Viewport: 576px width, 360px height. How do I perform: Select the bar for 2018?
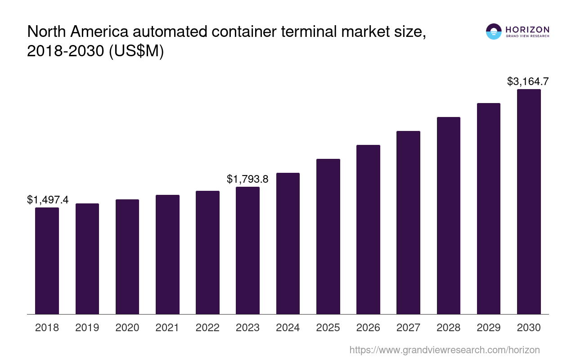pos(47,261)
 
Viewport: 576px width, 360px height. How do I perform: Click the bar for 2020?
pos(127,256)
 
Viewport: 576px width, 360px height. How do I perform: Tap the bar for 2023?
pos(247,250)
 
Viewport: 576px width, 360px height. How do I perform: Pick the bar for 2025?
pos(328,236)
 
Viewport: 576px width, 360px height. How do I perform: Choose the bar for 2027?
pos(408,222)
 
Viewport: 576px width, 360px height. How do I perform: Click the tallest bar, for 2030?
pos(529,202)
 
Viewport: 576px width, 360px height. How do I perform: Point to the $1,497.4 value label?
pos(48,200)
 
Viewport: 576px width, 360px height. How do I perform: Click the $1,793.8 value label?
pos(247,179)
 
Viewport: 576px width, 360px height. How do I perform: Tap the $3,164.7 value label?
pos(527,81)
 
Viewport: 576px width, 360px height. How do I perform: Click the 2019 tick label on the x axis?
pos(87,328)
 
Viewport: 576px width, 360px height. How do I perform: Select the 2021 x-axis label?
pos(167,328)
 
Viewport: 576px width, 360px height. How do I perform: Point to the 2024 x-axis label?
pos(288,328)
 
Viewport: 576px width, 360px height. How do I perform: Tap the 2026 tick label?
pos(368,328)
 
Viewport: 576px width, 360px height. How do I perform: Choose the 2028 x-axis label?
pos(448,328)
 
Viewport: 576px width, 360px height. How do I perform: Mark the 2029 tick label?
pos(489,328)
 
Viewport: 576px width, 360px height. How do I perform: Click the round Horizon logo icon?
pos(494,31)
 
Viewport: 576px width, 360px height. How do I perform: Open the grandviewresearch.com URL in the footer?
pos(444,350)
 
